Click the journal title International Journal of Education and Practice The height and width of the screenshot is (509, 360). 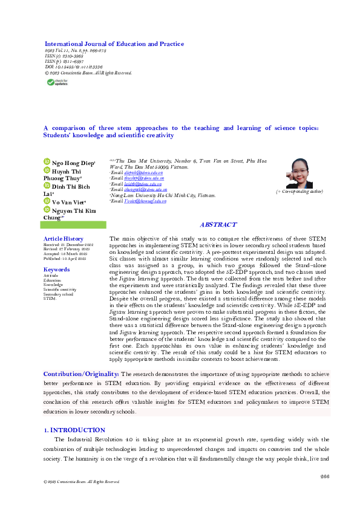click(114, 44)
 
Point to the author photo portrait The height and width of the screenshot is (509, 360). click(299, 173)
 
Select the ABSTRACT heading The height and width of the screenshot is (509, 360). click(218, 224)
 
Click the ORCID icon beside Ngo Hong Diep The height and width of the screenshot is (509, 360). click(46, 161)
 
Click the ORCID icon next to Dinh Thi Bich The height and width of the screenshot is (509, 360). click(46, 186)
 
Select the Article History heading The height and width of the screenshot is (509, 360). click(64, 239)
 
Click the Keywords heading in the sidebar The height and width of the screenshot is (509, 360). click(56, 270)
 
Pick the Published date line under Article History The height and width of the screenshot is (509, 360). click(66, 258)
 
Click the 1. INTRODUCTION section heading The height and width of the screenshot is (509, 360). click(74, 430)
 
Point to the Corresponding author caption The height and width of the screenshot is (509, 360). click(299, 191)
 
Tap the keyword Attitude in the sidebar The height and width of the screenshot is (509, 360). click(51, 276)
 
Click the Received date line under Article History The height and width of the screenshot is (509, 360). click(68, 244)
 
